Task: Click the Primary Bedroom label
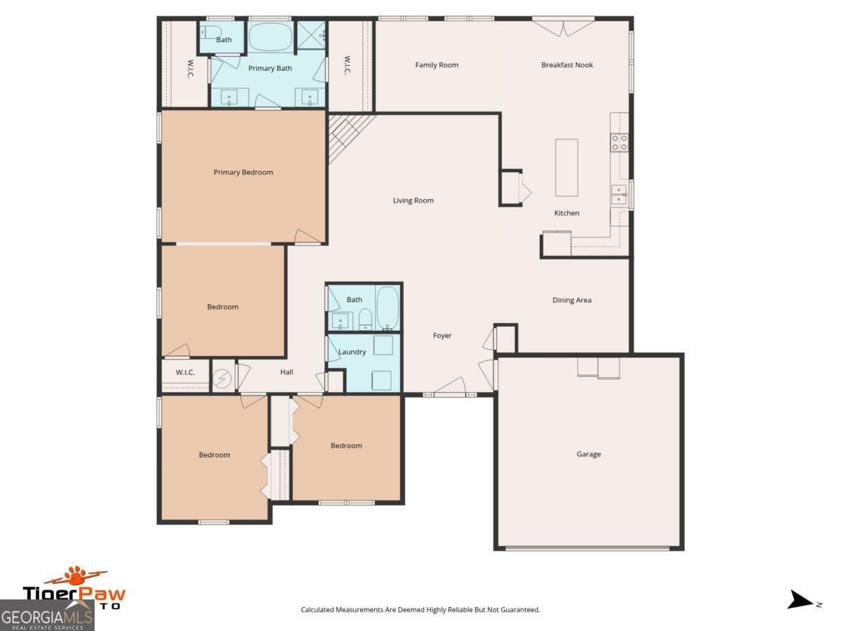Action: tap(243, 172)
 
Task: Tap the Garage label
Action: tap(589, 454)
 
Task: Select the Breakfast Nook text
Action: tap(567, 65)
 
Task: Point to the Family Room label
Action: tap(437, 65)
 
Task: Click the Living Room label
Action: tap(413, 201)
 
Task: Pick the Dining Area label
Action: tap(572, 300)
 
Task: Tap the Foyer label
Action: tap(442, 336)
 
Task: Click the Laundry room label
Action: tap(352, 352)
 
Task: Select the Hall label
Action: tap(287, 372)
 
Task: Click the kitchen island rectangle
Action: tap(567, 168)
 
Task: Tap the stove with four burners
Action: tap(620, 143)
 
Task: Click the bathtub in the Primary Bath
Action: tap(270, 37)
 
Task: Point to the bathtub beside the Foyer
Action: tap(387, 307)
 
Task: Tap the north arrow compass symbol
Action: tap(800, 600)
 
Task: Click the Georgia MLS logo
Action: tap(47, 615)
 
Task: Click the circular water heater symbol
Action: tap(222, 377)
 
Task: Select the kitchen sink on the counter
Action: tap(619, 194)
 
